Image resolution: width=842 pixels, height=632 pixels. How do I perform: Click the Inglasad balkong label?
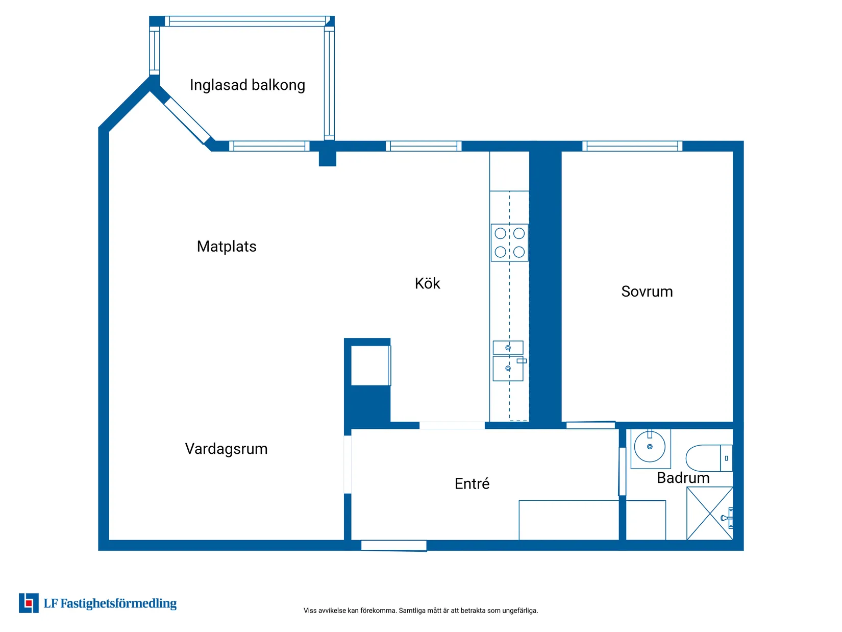[x=247, y=85]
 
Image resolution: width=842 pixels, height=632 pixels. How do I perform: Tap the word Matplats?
[x=227, y=247]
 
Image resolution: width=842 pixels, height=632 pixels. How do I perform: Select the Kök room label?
[x=427, y=283]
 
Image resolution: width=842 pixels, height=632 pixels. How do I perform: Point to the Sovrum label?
[x=647, y=291]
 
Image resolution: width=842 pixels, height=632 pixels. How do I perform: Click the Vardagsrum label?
[x=226, y=449]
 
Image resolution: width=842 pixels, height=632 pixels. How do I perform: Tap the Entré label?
[x=472, y=483]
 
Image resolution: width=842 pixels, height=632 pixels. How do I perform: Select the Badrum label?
[x=683, y=478]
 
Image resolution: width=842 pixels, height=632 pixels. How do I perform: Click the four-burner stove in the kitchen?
[x=509, y=242]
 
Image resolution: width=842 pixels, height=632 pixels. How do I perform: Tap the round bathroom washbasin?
[x=650, y=447]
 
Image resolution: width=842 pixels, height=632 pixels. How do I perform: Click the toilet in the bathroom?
[x=708, y=458]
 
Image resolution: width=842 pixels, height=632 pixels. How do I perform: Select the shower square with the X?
[x=709, y=513]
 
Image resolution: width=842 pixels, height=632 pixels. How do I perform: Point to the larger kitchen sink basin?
[x=507, y=369]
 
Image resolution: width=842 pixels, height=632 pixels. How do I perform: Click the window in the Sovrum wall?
[x=632, y=146]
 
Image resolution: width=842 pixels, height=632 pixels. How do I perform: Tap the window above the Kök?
[x=424, y=146]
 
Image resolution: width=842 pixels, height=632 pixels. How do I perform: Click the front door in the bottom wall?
[x=393, y=545]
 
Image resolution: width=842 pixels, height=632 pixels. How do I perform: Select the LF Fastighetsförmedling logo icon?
[x=29, y=603]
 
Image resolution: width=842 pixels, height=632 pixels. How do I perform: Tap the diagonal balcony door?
[x=187, y=120]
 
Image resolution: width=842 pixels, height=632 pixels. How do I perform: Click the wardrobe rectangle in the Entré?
[x=568, y=520]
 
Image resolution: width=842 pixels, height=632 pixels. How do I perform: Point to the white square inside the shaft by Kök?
[x=370, y=366]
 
